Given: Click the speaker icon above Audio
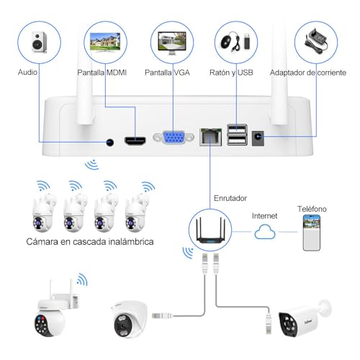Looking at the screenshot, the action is point(40,42).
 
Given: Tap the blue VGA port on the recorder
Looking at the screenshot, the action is point(174,137).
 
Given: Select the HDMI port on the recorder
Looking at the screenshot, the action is point(135,140).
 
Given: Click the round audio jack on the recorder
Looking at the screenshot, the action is point(110,143).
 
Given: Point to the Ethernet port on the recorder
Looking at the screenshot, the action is point(211,137).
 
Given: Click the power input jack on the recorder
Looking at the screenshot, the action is point(258,138).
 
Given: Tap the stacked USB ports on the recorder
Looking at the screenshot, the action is point(237,135).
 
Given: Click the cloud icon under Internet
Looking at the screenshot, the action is point(265,232).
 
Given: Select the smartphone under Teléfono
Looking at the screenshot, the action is point(312,233).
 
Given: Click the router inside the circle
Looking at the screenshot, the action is point(210,230).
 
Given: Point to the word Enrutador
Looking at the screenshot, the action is point(230,198).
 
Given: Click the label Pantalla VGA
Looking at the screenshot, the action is point(167,73).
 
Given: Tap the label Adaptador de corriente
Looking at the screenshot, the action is point(308,73).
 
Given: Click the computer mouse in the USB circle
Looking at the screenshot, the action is point(227,42).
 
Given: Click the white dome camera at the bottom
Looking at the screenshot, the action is point(129,319).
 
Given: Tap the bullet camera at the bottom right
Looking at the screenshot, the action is point(305,318).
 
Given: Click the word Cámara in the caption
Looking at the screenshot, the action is point(42,241).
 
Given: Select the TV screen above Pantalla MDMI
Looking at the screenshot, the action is point(105,42).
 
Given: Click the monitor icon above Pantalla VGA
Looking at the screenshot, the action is point(172,42).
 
